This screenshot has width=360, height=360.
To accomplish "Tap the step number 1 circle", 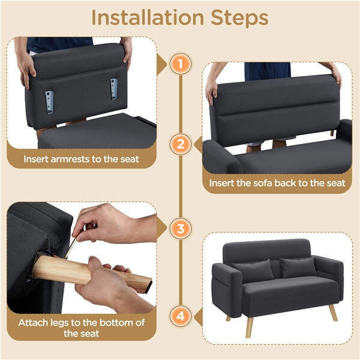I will tap(180, 64).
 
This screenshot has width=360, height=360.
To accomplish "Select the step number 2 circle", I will tap(180, 144).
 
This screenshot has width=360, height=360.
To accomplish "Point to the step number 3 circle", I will tap(180, 229).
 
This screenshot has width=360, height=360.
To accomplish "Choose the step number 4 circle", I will tap(180, 314).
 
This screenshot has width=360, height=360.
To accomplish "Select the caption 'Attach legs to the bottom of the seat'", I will tap(81, 329).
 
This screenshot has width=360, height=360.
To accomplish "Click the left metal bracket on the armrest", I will tap(49, 101).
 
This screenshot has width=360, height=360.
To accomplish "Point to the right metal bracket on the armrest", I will tap(113, 89).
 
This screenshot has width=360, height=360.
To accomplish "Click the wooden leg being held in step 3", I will tap(90, 273).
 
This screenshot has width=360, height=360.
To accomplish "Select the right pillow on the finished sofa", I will tap(298, 267).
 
